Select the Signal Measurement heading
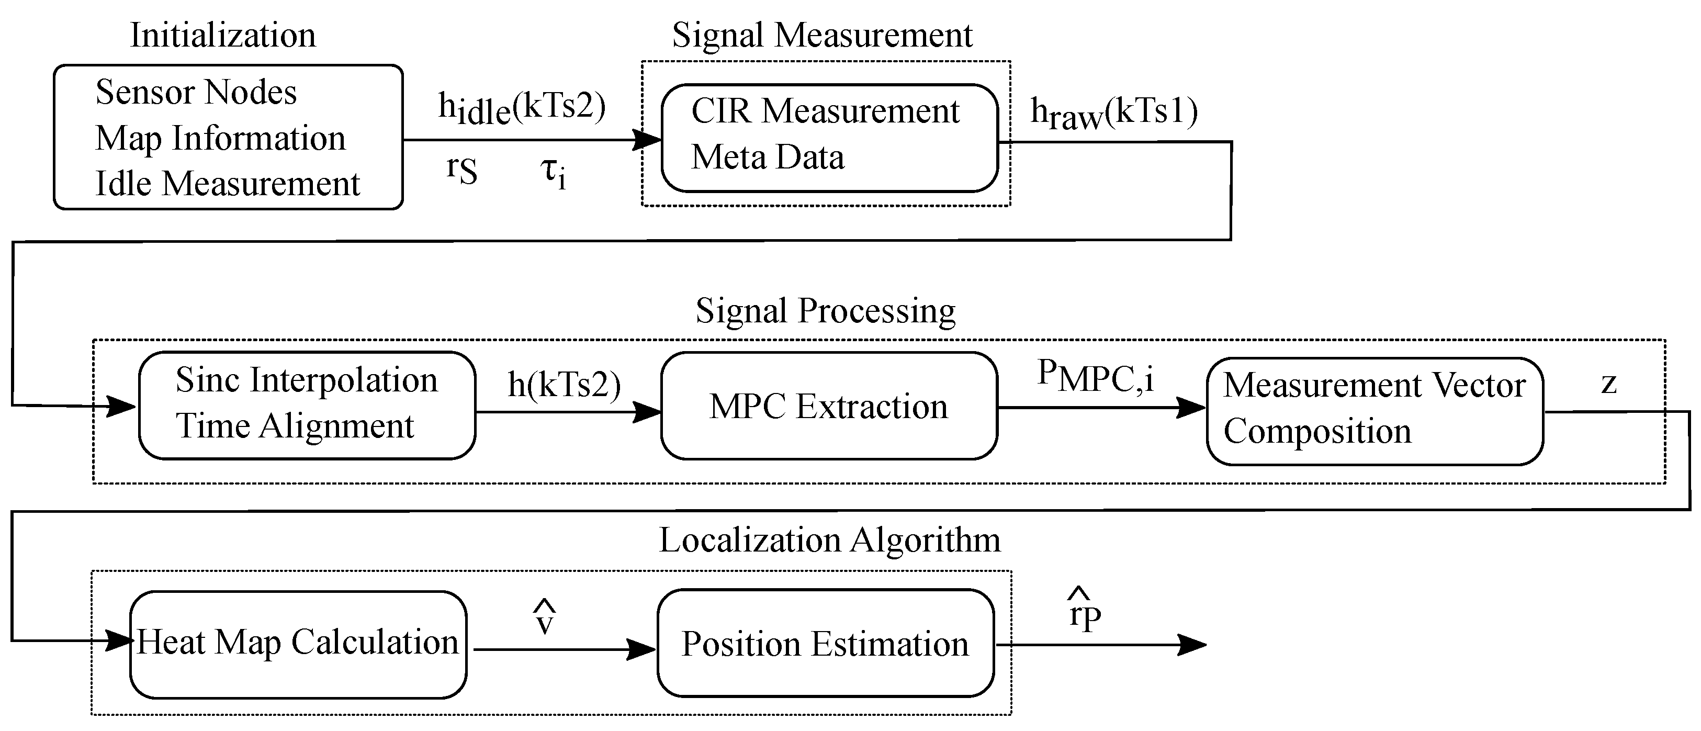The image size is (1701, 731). click(x=822, y=35)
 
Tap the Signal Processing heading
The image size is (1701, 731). click(x=826, y=310)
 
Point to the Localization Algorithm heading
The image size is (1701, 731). click(x=830, y=540)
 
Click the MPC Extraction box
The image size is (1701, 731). click(x=829, y=406)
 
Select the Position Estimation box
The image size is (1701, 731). click(x=826, y=644)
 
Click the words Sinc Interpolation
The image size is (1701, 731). click(x=307, y=380)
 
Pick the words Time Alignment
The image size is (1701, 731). click(x=295, y=426)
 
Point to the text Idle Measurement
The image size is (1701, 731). click(x=227, y=184)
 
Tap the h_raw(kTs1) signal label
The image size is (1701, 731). click(x=1114, y=113)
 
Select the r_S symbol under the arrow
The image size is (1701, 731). click(x=461, y=171)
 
